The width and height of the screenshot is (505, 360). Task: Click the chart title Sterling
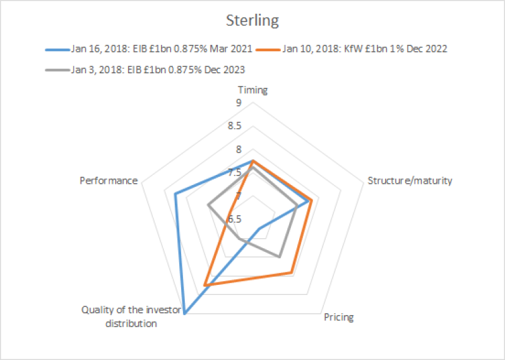252,21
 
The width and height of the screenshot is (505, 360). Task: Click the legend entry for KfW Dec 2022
366,49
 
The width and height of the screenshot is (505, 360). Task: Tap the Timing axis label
252,90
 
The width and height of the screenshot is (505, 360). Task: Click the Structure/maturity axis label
410,181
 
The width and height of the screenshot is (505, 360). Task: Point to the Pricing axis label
338,317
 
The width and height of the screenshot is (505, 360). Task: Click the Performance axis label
109,181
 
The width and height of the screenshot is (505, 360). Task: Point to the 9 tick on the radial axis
239,103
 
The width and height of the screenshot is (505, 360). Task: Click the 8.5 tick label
235,126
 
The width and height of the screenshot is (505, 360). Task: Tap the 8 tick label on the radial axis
239,150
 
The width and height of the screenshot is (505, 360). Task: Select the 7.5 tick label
235,172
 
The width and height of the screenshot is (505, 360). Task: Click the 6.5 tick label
235,219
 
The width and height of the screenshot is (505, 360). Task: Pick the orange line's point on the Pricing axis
290,273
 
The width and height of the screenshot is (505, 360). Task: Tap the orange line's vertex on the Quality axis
205,285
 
